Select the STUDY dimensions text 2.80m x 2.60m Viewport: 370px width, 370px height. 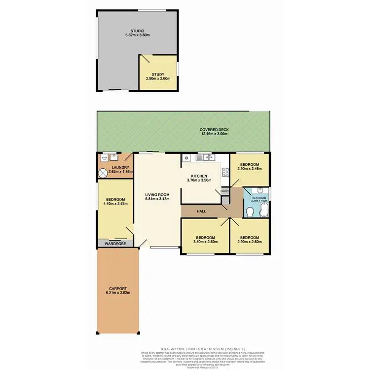pos(158,78)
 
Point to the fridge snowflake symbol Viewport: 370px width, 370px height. pos(186,158)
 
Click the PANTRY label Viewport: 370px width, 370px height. pos(225,190)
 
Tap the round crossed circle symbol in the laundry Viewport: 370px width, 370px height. pos(103,173)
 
